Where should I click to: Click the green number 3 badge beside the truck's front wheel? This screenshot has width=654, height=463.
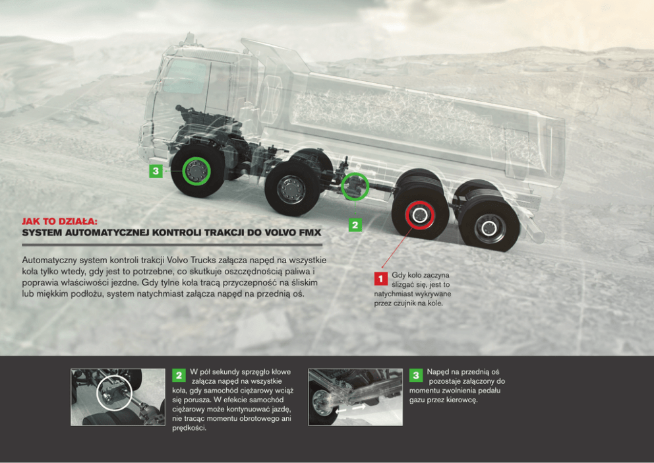pyautogui.click(x=156, y=171)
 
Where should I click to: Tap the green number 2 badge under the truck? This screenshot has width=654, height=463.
pyautogui.click(x=355, y=225)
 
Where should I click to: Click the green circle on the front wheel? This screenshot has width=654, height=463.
pyautogui.click(x=196, y=172)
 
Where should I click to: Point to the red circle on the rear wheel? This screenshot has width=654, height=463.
pyautogui.click(x=420, y=214)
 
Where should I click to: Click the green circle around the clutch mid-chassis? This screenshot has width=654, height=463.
pyautogui.click(x=356, y=187)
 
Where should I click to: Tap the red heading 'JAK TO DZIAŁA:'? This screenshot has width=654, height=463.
pyautogui.click(x=60, y=222)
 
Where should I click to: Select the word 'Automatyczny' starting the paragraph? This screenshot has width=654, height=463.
pyautogui.click(x=49, y=260)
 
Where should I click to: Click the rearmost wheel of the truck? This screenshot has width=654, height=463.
pyautogui.click(x=489, y=228)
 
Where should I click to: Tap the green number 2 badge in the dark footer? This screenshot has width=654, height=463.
pyautogui.click(x=179, y=375)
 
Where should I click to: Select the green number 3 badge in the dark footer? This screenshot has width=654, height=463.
pyautogui.click(x=416, y=375)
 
